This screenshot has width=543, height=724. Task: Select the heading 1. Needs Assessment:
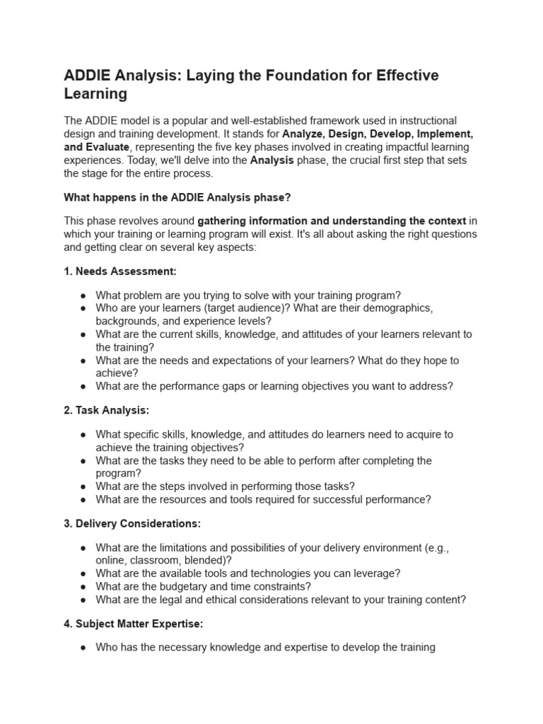(x=120, y=271)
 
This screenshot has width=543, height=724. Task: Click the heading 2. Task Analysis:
(x=106, y=410)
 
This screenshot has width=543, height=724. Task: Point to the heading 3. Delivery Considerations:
(x=132, y=524)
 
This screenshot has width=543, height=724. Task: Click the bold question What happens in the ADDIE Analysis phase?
(x=187, y=197)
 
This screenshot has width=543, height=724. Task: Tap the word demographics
(x=391, y=308)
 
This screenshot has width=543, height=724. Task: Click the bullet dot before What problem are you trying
(x=83, y=296)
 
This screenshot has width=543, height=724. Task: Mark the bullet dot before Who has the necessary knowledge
(x=83, y=648)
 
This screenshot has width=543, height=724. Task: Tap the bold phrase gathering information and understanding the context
(x=332, y=221)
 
